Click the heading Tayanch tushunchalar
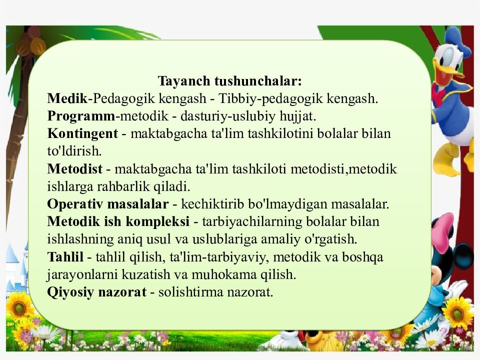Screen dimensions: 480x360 230,81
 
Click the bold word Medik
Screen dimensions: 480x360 67,98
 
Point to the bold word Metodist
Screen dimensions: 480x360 74,169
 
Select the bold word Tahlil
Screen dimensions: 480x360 65,256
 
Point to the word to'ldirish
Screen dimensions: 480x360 74,151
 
